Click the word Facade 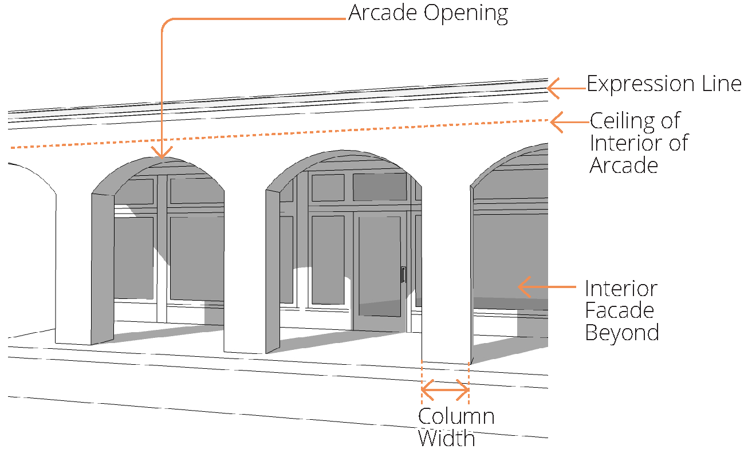619,310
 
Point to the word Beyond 621,332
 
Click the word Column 456,416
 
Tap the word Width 446,438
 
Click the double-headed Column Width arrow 446,391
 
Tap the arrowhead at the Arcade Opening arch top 162,152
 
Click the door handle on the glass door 403,274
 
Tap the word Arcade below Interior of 624,165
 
